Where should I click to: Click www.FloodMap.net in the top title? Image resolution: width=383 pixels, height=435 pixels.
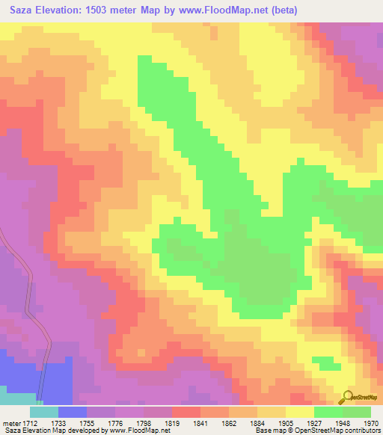[239, 10]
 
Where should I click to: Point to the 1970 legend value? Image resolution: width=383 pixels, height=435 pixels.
[372, 422]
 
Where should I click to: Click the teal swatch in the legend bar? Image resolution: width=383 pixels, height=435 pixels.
[44, 412]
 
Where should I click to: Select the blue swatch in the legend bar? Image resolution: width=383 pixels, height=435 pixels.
[73, 412]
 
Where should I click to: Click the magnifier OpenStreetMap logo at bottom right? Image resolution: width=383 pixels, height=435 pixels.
[349, 397]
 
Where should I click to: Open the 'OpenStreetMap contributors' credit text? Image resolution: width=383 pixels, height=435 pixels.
[341, 431]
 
